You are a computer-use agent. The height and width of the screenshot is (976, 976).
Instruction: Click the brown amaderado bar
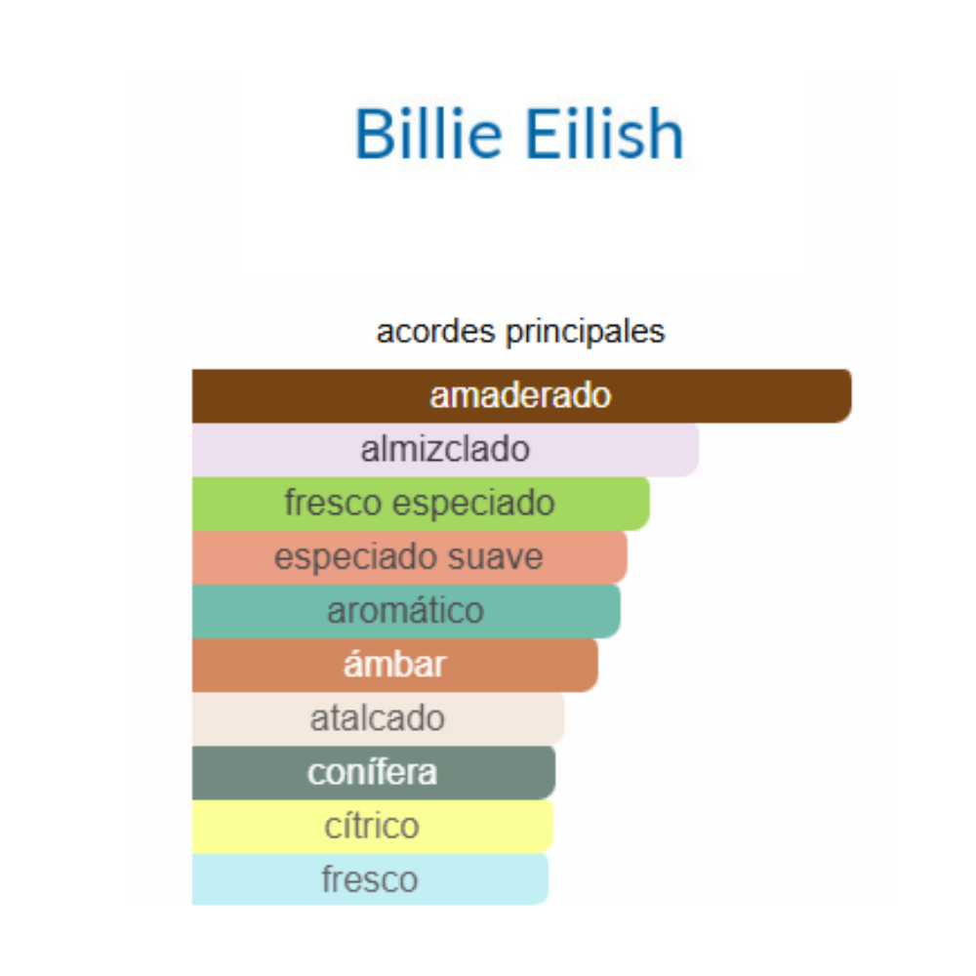point(521,396)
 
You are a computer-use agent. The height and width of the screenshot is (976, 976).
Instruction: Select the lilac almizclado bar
point(445,450)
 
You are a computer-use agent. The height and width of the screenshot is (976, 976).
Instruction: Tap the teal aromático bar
point(406,611)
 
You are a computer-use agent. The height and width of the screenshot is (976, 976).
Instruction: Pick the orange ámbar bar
point(394,665)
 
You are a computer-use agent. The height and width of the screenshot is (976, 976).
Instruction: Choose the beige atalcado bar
point(378,719)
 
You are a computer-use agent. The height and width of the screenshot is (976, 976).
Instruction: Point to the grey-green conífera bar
point(374,772)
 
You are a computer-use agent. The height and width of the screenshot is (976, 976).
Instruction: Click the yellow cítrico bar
point(372,827)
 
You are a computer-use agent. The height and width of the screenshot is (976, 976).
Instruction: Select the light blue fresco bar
point(370,879)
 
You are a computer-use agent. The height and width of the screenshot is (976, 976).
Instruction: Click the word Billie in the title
point(428,134)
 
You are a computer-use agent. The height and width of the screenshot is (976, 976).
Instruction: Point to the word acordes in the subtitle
point(435,331)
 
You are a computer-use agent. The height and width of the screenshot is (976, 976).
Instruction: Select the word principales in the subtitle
point(585,333)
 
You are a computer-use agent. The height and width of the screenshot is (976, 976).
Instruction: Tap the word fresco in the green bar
point(333,503)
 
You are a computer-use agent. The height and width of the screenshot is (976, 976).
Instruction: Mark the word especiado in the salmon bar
point(356,558)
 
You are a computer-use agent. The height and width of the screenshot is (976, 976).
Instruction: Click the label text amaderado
point(521,396)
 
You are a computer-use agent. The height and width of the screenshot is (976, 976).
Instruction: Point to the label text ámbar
point(394,664)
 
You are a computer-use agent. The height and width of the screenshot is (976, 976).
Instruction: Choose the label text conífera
point(372,772)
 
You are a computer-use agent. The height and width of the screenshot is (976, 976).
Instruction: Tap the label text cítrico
point(372,827)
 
